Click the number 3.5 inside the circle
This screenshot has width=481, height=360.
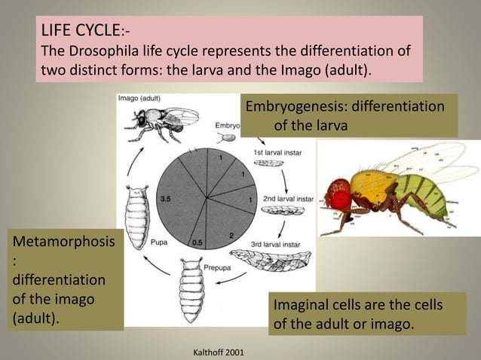pos(167,199)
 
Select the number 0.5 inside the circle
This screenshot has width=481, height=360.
pos(198,242)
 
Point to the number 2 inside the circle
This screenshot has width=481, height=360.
pos(231,236)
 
